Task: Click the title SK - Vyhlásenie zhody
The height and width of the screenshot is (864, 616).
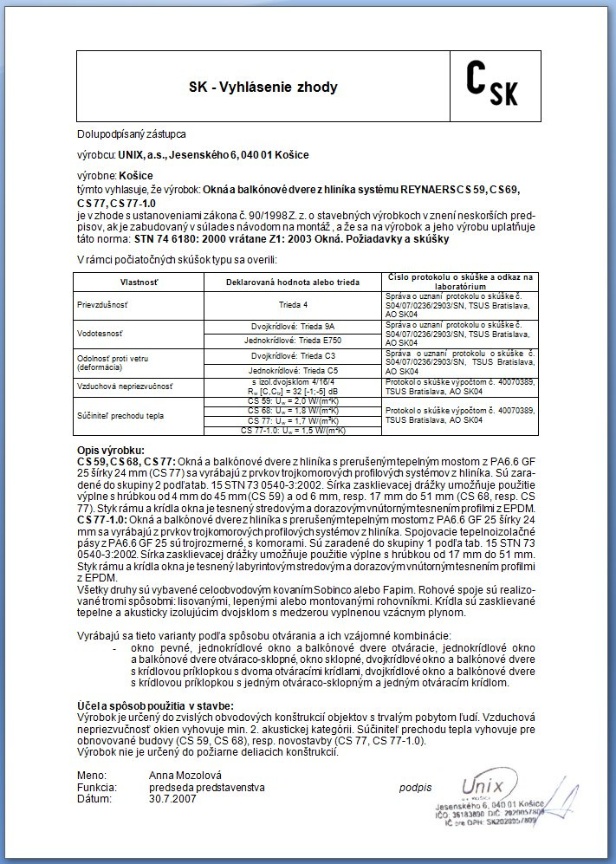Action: (263, 88)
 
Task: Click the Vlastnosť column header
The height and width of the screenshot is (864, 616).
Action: (138, 283)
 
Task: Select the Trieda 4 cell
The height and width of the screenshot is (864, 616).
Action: (293, 305)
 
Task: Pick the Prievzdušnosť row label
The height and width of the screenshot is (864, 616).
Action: (102, 305)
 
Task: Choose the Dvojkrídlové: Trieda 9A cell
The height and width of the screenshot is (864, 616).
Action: (293, 326)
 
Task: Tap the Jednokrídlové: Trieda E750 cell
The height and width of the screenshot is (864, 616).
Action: (293, 341)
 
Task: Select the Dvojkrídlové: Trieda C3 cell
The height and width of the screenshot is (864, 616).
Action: (293, 355)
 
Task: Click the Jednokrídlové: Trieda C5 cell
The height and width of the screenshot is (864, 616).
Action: (293, 370)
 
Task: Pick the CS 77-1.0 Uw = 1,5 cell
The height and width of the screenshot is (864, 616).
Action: (293, 430)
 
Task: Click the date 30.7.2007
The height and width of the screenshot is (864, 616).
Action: (172, 798)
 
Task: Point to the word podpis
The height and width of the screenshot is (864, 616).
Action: (414, 786)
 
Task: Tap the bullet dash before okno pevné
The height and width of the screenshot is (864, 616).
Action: (115, 648)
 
